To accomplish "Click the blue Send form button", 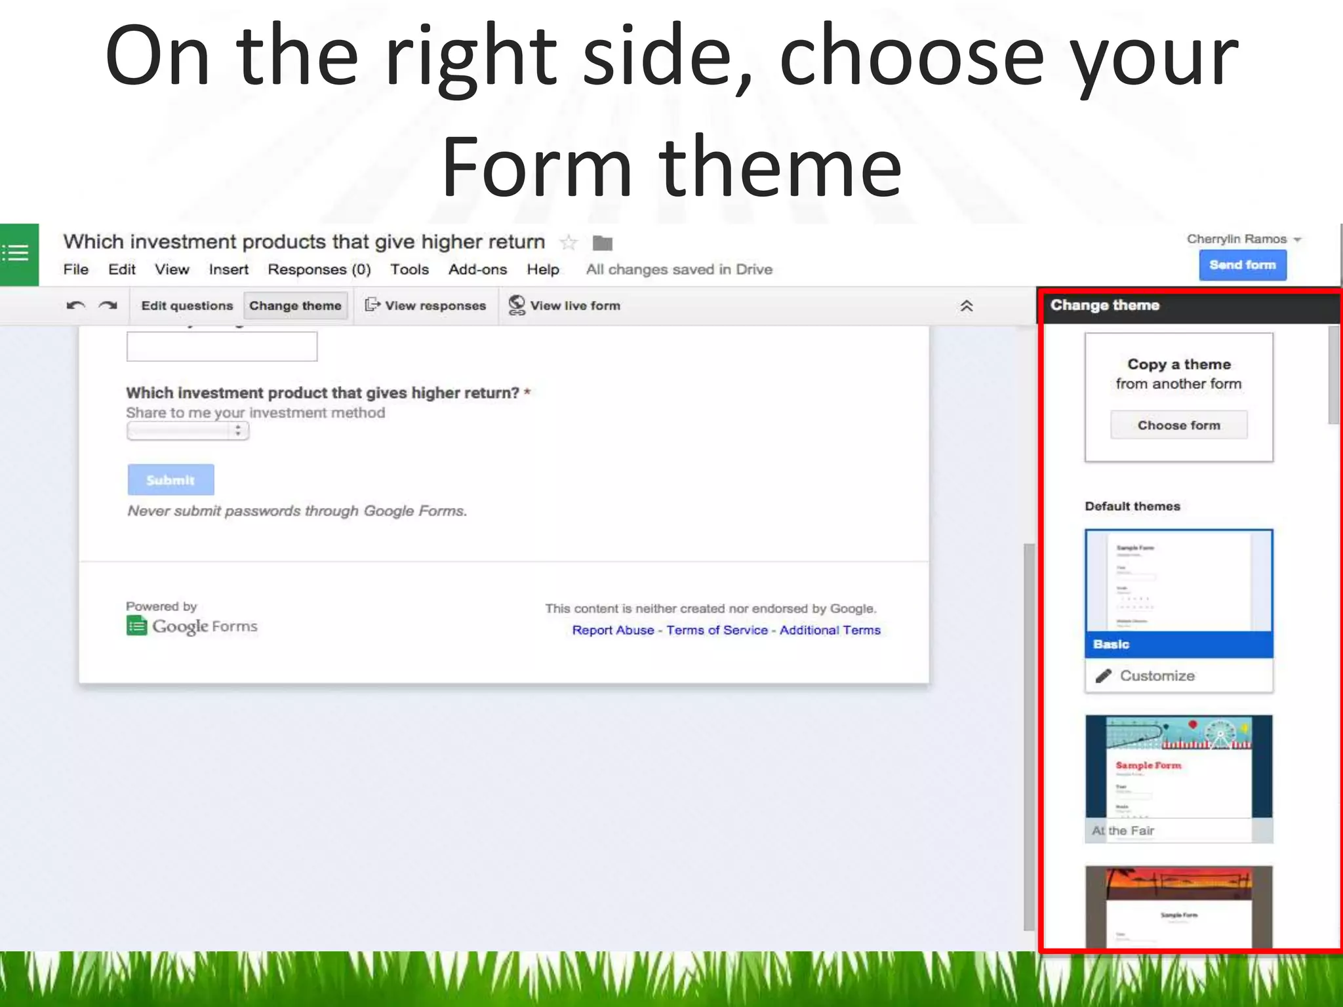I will point(1242,265).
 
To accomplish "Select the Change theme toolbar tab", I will point(295,306).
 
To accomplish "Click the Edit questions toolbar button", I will point(187,306).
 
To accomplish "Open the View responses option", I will point(426,306).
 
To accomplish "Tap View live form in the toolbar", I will point(565,306).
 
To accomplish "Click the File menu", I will point(75,269).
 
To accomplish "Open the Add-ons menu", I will point(477,269).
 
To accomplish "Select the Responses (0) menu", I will point(319,269).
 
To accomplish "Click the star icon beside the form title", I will point(569,243).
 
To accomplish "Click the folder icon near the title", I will point(602,243).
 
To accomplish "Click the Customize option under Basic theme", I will point(1157,676).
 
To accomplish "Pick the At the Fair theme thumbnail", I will point(1178,778).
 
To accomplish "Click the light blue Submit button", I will point(170,480).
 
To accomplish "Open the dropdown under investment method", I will point(188,431).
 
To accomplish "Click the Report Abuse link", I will point(612,630).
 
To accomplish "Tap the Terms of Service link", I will point(717,630).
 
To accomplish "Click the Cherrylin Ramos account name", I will point(1237,239).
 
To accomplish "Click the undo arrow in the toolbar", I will point(76,306).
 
